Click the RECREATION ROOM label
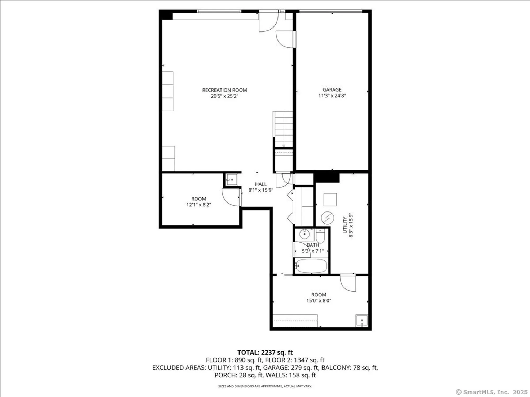(224, 90)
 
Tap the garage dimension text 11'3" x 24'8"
(332, 96)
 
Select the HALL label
(261, 184)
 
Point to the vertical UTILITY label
(345, 225)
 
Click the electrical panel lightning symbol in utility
(327, 218)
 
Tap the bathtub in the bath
(311, 266)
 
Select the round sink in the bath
(304, 234)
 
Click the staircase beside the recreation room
(283, 129)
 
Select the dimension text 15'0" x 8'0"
(319, 300)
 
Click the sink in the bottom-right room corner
(362, 321)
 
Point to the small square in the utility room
(330, 200)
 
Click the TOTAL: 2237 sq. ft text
(265, 353)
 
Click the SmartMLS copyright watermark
(492, 392)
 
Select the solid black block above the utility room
(326, 177)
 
